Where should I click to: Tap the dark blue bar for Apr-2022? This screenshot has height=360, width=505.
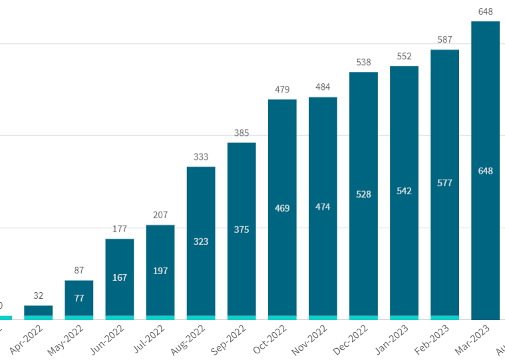point(38,310)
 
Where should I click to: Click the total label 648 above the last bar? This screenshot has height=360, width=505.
point(485,11)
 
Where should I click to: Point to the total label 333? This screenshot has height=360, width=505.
point(201,157)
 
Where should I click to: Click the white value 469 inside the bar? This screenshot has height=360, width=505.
point(282,208)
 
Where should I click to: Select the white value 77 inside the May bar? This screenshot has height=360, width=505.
point(79,298)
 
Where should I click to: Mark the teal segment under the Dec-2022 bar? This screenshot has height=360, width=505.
point(363,317)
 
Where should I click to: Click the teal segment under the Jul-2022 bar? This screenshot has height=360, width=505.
point(160,317)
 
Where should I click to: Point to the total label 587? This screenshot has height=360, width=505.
point(444,40)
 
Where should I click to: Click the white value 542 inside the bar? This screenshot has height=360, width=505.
point(404,191)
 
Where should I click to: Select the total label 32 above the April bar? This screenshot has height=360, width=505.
point(38,296)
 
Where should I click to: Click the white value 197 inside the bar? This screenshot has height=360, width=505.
point(160,271)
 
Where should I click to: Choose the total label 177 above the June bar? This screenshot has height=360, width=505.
point(120,229)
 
